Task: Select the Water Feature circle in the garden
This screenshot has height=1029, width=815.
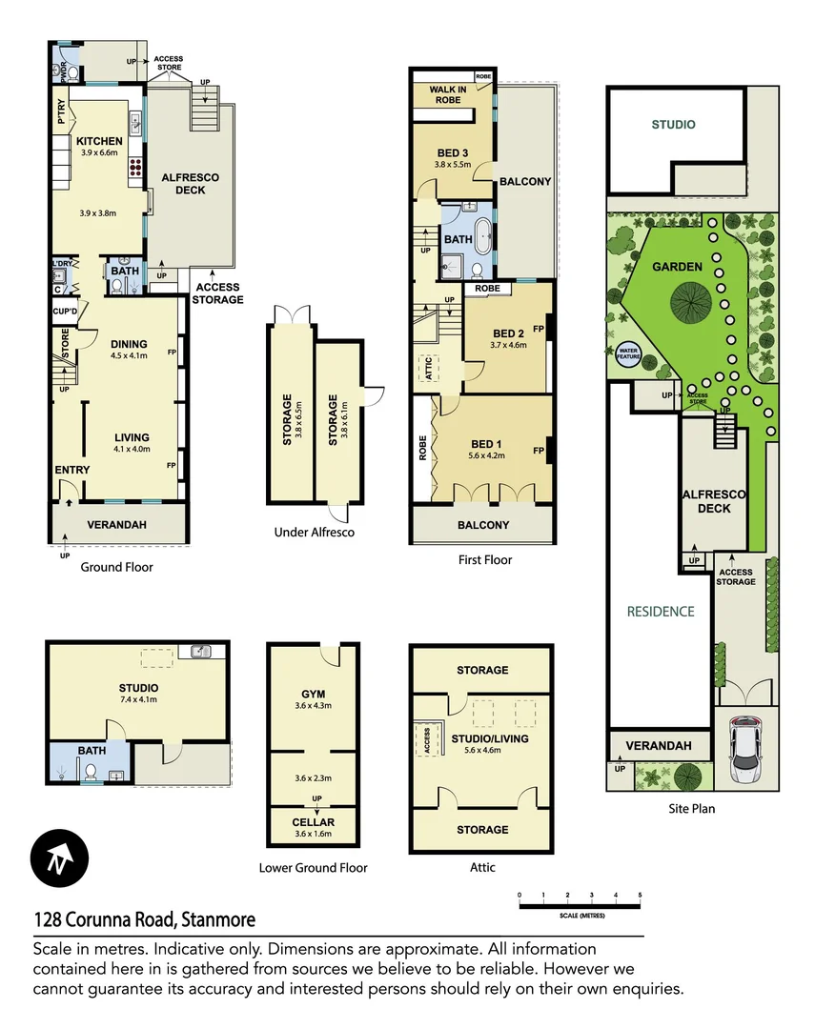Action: click(x=629, y=354)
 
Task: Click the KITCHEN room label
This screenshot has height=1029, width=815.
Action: click(x=99, y=141)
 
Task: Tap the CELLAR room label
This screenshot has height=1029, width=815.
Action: click(x=313, y=822)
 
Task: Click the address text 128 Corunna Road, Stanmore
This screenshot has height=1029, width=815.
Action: click(x=144, y=920)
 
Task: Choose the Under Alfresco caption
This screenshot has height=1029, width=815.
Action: click(x=314, y=532)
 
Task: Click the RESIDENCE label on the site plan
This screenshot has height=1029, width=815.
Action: click(x=661, y=611)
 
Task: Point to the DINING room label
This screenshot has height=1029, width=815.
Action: click(x=129, y=345)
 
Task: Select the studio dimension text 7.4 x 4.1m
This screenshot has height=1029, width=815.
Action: click(x=138, y=700)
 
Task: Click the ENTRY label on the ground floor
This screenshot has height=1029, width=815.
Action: click(x=72, y=470)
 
